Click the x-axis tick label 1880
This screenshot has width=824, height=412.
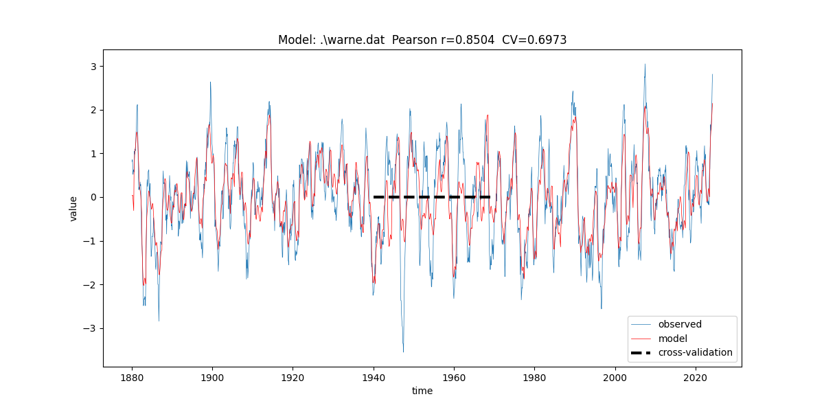pyautogui.click(x=132, y=378)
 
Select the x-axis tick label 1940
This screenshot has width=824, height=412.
pyautogui.click(x=374, y=378)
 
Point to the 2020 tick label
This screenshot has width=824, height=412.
pyautogui.click(x=696, y=378)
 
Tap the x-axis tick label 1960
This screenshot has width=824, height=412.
pyautogui.click(x=454, y=378)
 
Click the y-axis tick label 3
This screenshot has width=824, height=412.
pyautogui.click(x=92, y=67)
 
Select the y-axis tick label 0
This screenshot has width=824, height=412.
pyautogui.click(x=92, y=198)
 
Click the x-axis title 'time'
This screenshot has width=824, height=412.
pyautogui.click(x=422, y=391)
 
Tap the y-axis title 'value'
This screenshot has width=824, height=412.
pyautogui.click(x=73, y=208)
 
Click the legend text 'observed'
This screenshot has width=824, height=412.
pyautogui.click(x=680, y=324)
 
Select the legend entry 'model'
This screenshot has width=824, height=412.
pyautogui.click(x=672, y=339)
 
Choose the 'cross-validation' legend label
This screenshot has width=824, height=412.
pyautogui.click(x=695, y=353)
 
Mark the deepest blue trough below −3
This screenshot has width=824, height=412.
pyautogui.click(x=403, y=352)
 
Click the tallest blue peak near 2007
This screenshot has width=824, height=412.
pyautogui.click(x=645, y=65)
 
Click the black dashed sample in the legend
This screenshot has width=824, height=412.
pyautogui.click(x=641, y=353)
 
